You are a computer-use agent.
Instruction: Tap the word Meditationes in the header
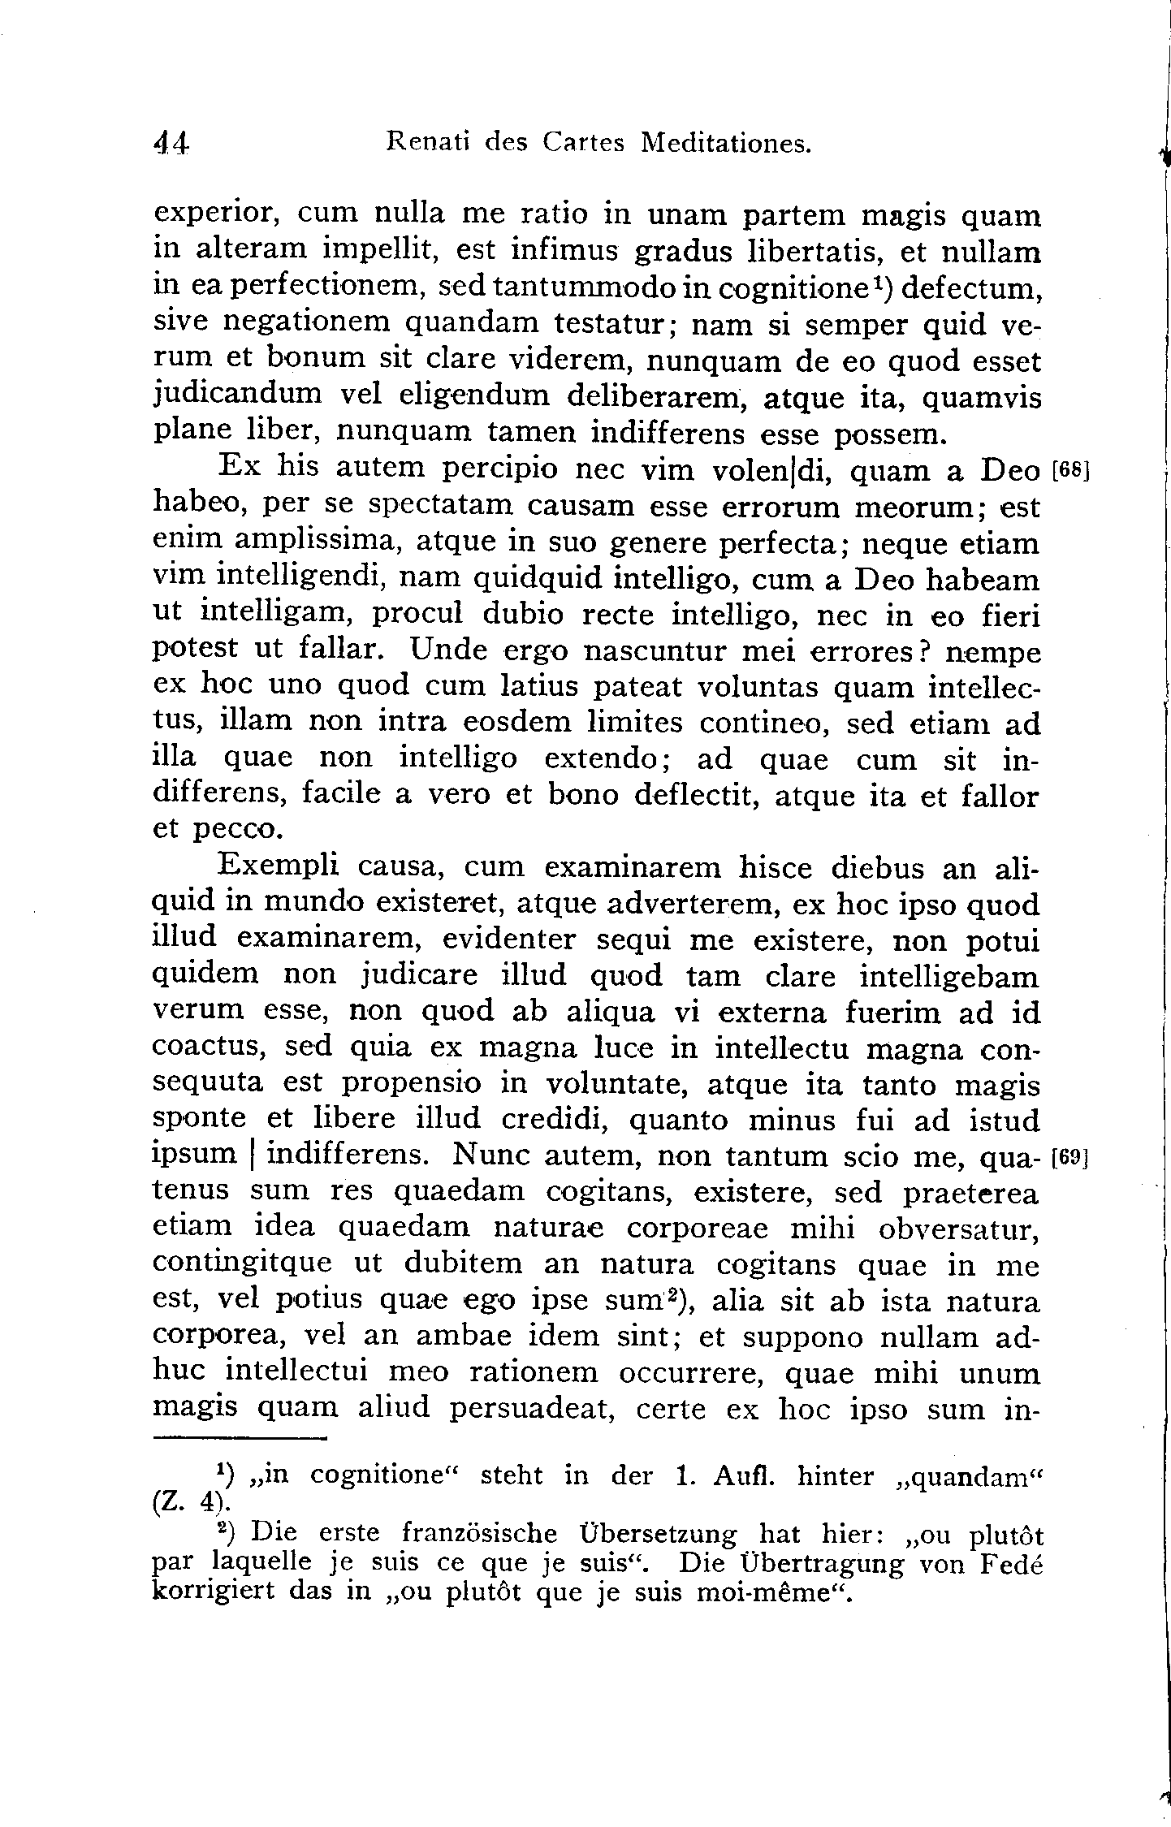pyautogui.click(x=726, y=143)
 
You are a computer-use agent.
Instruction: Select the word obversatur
pyautogui.click(x=958, y=1229)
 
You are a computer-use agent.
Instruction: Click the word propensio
pyautogui.click(x=412, y=1084)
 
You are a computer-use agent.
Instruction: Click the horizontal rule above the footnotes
pyautogui.click(x=239, y=1440)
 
